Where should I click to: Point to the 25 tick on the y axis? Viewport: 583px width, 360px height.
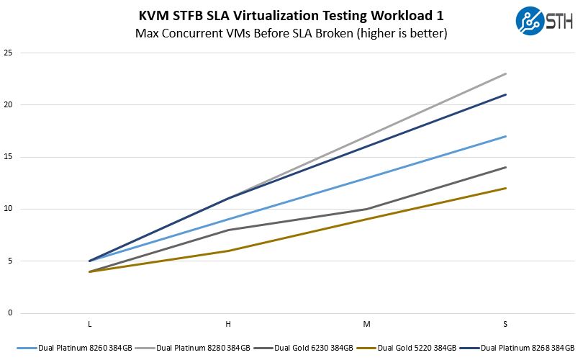tap(8, 53)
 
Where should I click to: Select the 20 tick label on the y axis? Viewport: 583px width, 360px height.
tap(8, 105)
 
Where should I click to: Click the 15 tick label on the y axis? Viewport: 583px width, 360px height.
tap(8, 157)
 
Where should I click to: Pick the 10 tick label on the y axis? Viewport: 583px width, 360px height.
tap(8, 209)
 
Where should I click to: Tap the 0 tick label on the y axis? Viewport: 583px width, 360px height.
tap(10, 313)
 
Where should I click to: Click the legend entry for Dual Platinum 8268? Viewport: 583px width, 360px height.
tap(525, 348)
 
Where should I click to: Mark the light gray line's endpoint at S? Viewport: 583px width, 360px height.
tap(506, 73)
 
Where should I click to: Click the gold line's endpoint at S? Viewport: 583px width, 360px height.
tap(506, 188)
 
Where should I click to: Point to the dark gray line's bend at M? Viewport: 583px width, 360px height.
tap(367, 209)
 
